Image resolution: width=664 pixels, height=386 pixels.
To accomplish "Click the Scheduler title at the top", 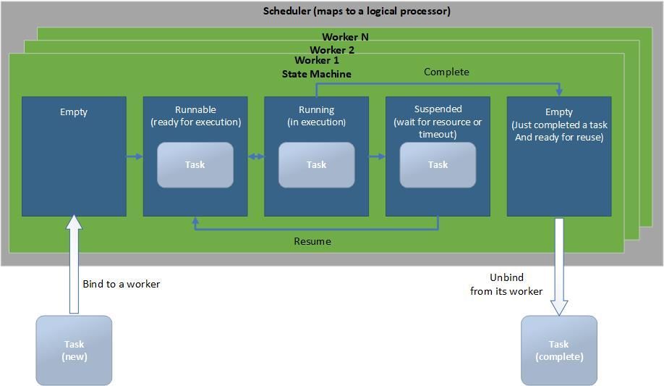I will pyautogui.click(x=357, y=11).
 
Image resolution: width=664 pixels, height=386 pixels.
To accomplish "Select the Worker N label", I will pyautogui.click(x=345, y=37).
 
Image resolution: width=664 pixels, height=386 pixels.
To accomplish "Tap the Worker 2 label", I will pyautogui.click(x=332, y=50).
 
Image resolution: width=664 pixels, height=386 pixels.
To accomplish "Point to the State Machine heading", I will pyautogui.click(x=316, y=74).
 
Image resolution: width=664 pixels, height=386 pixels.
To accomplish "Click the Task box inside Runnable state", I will pyautogui.click(x=195, y=164).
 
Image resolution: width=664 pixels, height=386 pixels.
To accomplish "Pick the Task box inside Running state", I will pyautogui.click(x=317, y=164).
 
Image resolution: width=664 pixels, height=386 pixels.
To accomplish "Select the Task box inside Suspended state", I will pyautogui.click(x=438, y=164).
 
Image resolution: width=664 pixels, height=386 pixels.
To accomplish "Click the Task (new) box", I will pyautogui.click(x=74, y=351).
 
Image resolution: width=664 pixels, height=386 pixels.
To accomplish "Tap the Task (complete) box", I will pyautogui.click(x=559, y=351).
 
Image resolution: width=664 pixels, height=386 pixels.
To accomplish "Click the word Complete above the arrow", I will pyautogui.click(x=446, y=72).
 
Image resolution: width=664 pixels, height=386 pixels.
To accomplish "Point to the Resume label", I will pyautogui.click(x=312, y=241).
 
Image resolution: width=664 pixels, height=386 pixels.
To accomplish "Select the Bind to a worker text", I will pyautogui.click(x=121, y=284).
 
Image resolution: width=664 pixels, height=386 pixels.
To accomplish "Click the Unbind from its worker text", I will pyautogui.click(x=506, y=284).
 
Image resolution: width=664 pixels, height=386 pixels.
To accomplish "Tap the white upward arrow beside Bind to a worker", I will pyautogui.click(x=74, y=264).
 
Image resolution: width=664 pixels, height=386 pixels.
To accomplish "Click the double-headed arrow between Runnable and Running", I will pyautogui.click(x=255, y=156).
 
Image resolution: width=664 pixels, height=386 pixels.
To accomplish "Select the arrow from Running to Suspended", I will pyautogui.click(x=377, y=156).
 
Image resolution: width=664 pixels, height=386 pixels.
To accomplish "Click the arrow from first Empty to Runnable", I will pyautogui.click(x=135, y=156).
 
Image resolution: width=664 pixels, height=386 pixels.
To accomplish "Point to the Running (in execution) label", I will pyautogui.click(x=317, y=116).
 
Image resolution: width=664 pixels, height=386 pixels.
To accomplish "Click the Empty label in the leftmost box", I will pyautogui.click(x=74, y=112).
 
